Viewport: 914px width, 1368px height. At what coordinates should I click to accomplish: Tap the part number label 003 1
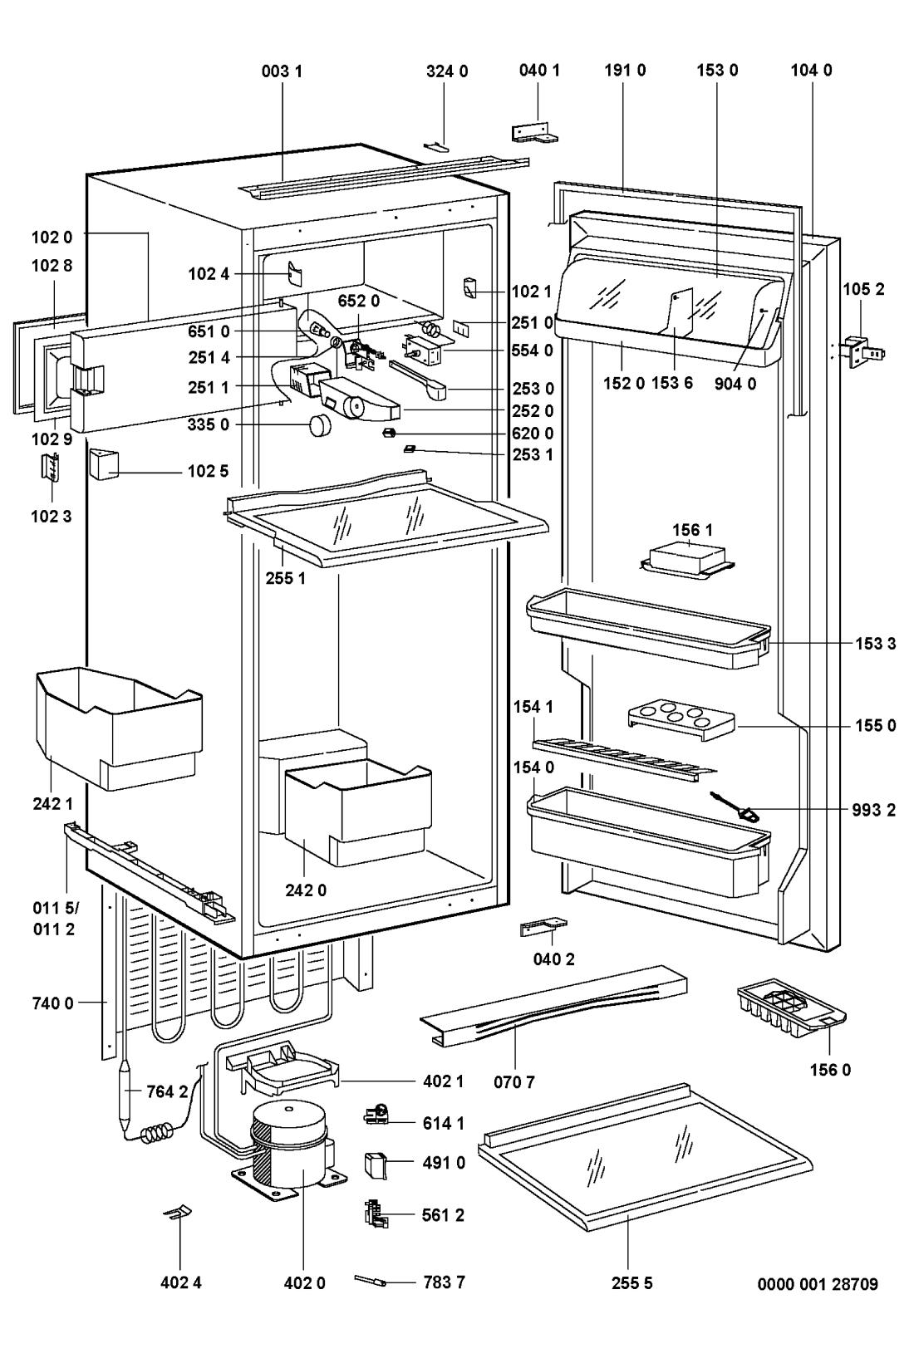282,71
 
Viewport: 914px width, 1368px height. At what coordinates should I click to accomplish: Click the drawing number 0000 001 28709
817,1284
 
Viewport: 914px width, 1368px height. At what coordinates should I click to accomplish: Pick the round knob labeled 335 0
321,425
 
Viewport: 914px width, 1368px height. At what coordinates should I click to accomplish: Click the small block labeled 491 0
376,1165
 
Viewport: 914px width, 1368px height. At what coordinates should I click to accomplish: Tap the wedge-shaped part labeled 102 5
105,465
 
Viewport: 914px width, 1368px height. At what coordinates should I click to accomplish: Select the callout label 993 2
873,810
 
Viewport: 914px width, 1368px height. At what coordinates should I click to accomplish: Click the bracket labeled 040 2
540,925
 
